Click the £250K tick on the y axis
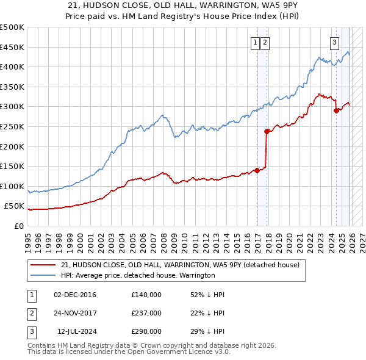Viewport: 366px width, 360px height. pyautogui.click(x=12, y=126)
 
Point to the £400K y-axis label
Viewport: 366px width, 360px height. pyautogui.click(x=12, y=67)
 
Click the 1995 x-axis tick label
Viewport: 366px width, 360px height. pyautogui.click(x=28, y=237)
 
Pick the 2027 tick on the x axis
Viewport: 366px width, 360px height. pyautogui.click(x=361, y=237)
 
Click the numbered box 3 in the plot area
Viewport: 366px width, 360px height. pyautogui.click(x=335, y=43)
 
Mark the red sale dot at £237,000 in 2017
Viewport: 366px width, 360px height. pyautogui.click(x=267, y=131)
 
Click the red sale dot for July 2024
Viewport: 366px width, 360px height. pyautogui.click(x=336, y=110)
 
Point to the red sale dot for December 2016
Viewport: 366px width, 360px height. pyautogui.click(x=257, y=170)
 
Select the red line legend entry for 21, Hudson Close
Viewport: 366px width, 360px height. pyautogui.click(x=180, y=265)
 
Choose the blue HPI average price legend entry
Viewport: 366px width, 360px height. pyautogui.click(x=138, y=276)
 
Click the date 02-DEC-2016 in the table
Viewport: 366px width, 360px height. pyautogui.click(x=75, y=295)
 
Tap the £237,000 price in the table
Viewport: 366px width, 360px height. pyautogui.click(x=146, y=313)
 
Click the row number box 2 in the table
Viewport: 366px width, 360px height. pyautogui.click(x=31, y=313)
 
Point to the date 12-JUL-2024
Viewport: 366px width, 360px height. pyautogui.click(x=75, y=331)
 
